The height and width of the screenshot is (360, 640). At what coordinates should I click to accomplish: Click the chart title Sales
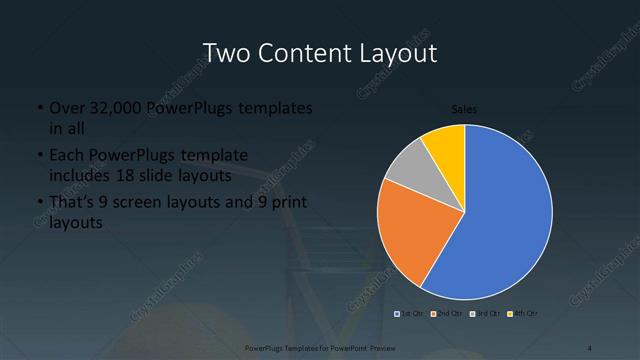tap(464, 108)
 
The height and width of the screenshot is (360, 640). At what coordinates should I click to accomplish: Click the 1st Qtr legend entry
tap(407, 314)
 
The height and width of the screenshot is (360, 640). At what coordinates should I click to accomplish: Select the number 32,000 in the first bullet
tap(112, 108)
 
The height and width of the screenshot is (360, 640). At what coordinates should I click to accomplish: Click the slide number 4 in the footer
tap(591, 348)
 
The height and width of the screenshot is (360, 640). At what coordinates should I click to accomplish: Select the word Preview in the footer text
tap(378, 348)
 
